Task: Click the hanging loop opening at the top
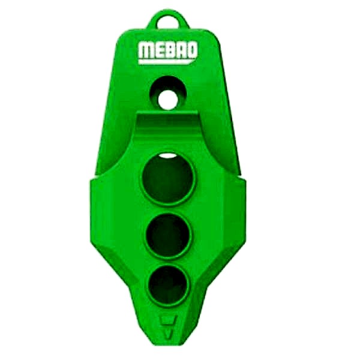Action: [168, 22]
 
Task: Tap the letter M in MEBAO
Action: [146, 50]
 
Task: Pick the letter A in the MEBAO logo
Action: [181, 50]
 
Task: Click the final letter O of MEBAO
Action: [192, 50]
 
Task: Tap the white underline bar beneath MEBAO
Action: [167, 62]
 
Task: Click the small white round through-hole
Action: [168, 100]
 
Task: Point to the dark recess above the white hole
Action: [169, 84]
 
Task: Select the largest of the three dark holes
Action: [168, 179]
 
